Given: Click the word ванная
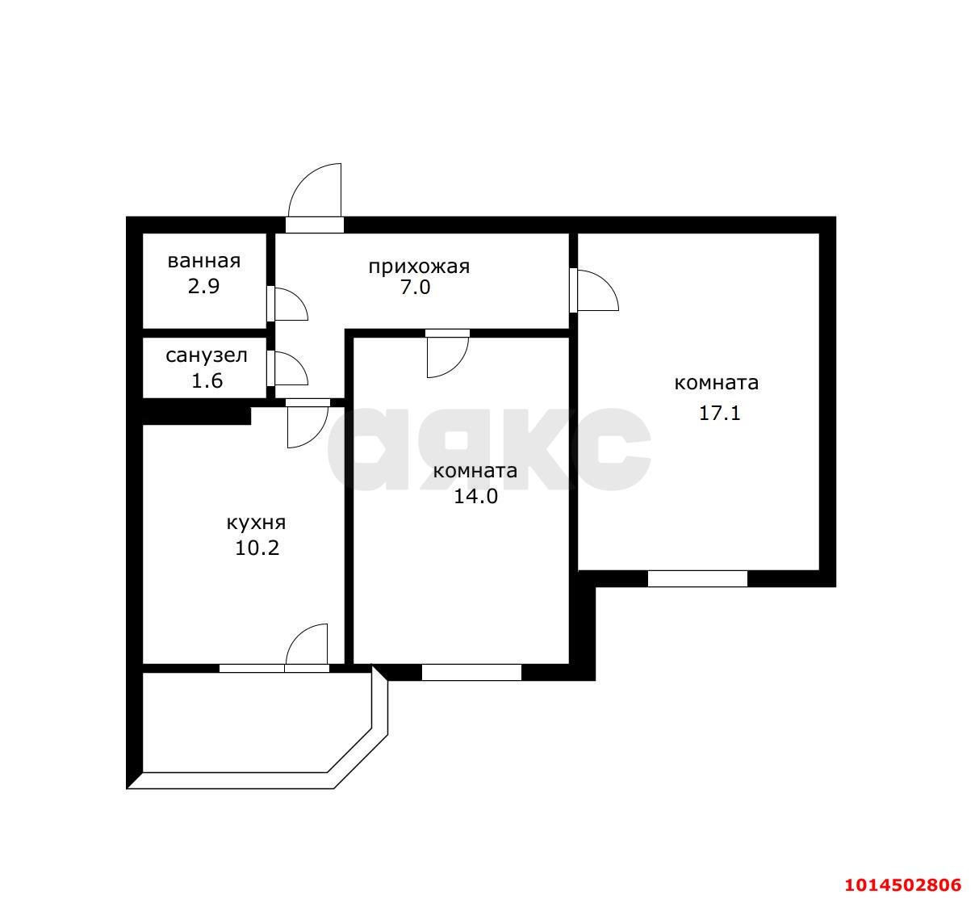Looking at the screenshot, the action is pos(204,261).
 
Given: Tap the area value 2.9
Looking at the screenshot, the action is pos(203,286).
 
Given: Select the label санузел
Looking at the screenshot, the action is pos(207,355).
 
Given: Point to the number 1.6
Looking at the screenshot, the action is pos(207,380).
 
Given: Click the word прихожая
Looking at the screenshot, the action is pos(419,267).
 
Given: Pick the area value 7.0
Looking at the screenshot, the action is pos(416,288).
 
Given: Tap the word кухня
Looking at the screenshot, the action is pos(256,523).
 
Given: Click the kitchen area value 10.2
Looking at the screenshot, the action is pos(257,548).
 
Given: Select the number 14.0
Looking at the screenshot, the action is pos(476,497).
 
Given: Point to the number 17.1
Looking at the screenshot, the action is pos(720,414).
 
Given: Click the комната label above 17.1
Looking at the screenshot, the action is pos(717,383).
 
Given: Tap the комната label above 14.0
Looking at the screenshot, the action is pos(475,471).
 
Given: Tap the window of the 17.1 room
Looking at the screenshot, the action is pos(697,579).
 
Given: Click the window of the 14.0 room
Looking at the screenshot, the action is pos(471,673).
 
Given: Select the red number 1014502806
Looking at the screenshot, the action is pos(903,884).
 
